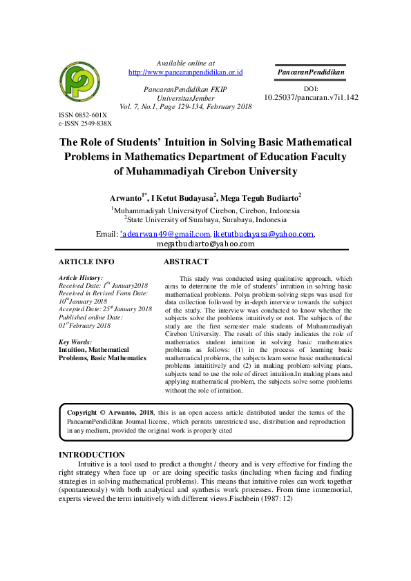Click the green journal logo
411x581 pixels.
(x=81, y=82)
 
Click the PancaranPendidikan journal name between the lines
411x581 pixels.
(x=311, y=72)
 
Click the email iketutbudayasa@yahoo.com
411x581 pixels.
(x=263, y=235)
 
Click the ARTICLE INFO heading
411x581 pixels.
(x=86, y=262)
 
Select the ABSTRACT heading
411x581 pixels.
(x=185, y=262)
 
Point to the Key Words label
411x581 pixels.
(x=75, y=342)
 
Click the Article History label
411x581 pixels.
(x=81, y=277)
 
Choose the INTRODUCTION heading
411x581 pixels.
(x=91, y=455)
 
